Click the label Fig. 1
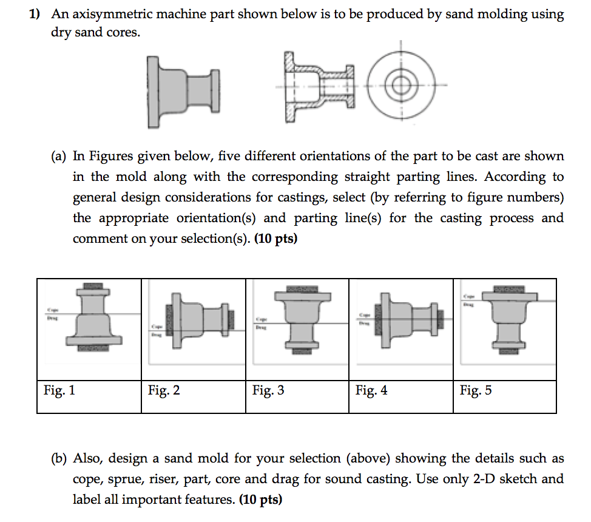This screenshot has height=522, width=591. click(x=59, y=390)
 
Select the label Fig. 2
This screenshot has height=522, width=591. click(x=164, y=390)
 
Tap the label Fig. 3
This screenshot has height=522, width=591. click(x=268, y=390)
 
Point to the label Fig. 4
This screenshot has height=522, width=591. click(x=371, y=390)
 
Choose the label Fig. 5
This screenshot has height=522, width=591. click(x=476, y=390)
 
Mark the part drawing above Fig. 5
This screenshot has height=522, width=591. click(x=508, y=319)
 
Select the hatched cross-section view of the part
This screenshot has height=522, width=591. click(x=319, y=87)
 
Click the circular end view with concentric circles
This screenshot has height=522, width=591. click(x=400, y=84)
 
